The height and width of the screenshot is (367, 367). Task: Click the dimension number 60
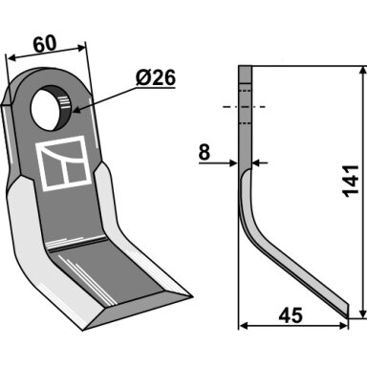click(45, 45)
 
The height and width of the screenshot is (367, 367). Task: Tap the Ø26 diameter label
click(156, 78)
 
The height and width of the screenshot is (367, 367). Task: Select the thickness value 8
click(205, 153)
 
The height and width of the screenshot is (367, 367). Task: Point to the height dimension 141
click(351, 181)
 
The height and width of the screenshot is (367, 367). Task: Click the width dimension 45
click(291, 315)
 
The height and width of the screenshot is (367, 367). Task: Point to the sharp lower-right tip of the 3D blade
click(192, 297)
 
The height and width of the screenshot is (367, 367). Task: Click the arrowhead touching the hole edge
click(77, 110)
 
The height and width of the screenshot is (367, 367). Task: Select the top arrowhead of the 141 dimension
click(362, 71)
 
